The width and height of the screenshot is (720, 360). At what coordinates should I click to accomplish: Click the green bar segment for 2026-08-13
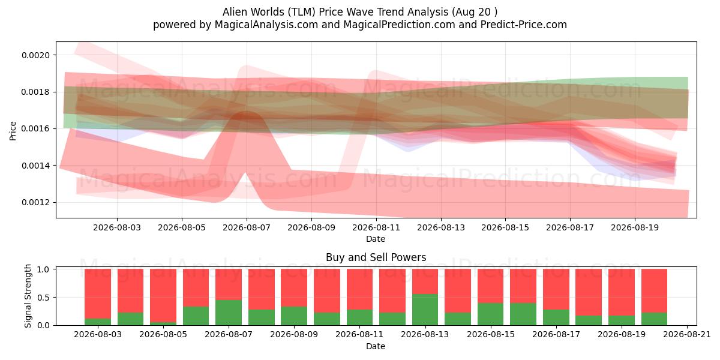(x=425, y=310)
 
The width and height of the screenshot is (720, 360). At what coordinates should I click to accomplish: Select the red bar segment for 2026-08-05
(x=163, y=296)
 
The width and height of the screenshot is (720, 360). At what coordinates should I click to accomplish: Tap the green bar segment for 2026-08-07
(x=229, y=313)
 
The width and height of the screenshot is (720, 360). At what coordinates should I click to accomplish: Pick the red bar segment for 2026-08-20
(x=655, y=291)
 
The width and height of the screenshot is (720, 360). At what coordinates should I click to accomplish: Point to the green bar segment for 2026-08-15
(x=491, y=314)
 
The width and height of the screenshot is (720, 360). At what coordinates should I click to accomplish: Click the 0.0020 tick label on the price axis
(x=35, y=55)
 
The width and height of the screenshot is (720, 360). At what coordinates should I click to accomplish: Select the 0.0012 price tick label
(x=35, y=203)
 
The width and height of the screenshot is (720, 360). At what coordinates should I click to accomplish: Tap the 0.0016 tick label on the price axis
(x=35, y=129)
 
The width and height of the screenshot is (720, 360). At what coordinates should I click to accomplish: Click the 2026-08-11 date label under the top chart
(x=376, y=227)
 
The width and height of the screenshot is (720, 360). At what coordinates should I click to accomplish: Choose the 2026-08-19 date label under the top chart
(x=635, y=227)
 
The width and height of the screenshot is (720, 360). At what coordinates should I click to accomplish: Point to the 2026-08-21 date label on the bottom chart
(x=687, y=335)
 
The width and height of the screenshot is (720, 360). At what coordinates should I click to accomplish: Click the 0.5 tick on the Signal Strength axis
(x=43, y=298)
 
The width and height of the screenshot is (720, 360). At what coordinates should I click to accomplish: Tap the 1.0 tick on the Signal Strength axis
(x=43, y=269)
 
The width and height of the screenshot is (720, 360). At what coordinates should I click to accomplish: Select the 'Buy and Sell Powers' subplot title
(x=376, y=257)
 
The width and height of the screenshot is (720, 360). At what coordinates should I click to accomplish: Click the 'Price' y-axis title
(x=13, y=131)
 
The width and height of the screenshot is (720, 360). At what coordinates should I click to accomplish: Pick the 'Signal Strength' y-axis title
(x=28, y=296)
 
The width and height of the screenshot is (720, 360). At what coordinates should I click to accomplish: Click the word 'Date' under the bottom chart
(x=376, y=346)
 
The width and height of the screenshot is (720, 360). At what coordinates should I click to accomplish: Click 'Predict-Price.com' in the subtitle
(x=524, y=25)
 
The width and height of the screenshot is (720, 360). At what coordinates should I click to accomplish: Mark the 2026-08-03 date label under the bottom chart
(x=98, y=335)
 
